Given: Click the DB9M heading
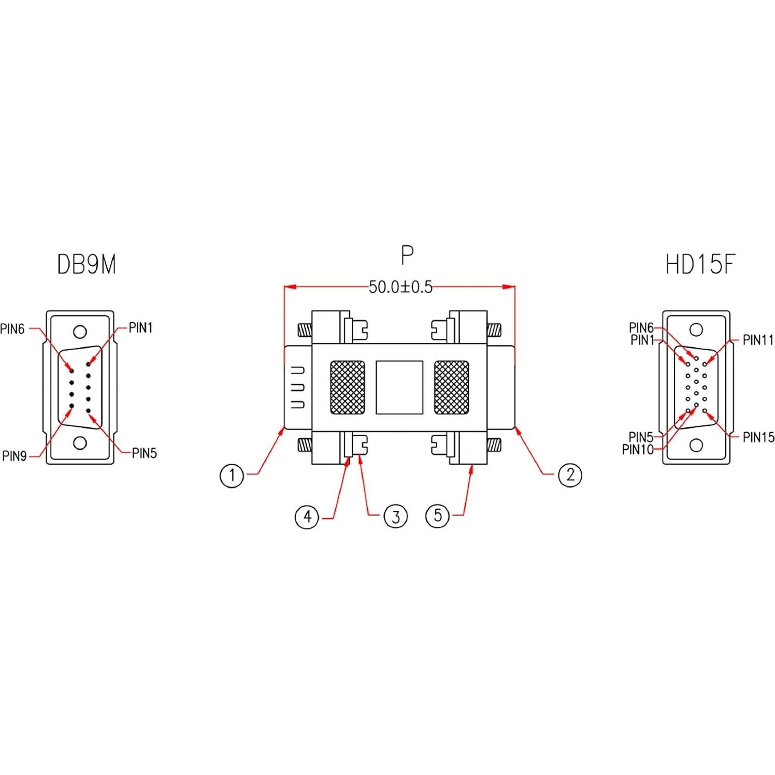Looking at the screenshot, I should point(87,265).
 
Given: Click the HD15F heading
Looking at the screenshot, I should point(700,265).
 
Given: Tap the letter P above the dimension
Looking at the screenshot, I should point(407,255).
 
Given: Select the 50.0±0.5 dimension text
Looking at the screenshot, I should point(400,286).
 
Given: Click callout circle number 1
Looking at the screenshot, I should point(232,475).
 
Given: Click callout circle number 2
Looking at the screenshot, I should point(570,474).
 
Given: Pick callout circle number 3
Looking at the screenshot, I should point(395,516).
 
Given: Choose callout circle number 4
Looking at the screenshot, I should point(307,516).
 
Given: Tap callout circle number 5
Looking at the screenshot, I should point(438,516).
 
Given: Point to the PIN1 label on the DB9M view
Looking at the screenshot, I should point(140,328).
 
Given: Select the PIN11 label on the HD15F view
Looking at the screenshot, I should point(758,340).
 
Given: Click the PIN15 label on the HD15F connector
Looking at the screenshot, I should point(758,437).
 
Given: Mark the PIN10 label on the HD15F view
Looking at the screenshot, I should point(638,449).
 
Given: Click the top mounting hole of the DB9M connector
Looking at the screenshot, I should point(80,332).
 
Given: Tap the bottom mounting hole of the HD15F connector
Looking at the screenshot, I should point(696,445).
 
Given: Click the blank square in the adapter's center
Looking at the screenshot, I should point(399,387).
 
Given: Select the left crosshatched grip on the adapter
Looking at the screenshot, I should point(348,387).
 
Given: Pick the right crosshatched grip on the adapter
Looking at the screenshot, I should point(451,387).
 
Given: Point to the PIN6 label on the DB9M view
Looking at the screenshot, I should point(12,329).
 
